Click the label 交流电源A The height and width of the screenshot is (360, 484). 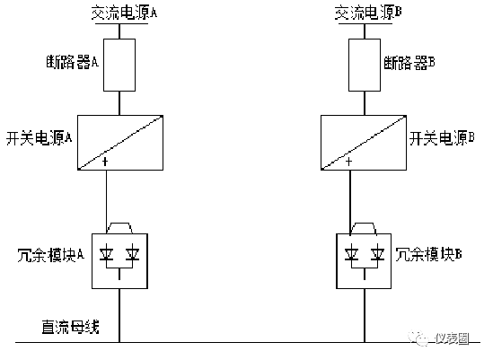124,13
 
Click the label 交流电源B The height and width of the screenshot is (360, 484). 368,13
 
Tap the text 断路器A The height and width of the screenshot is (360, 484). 72,62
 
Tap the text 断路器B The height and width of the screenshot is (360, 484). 409,63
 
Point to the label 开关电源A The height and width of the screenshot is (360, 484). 39,137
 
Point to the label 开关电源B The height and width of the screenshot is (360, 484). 442,137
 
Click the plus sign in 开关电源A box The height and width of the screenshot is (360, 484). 105,162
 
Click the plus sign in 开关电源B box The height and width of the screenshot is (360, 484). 348,162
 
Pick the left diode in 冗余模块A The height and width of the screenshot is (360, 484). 106,254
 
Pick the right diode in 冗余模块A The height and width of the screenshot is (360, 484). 132,254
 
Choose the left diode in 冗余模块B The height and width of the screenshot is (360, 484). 351,254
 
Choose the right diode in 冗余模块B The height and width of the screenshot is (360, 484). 377,254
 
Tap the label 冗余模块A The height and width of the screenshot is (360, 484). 51,255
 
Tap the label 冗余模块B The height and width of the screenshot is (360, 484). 428,254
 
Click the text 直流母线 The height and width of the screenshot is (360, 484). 71,327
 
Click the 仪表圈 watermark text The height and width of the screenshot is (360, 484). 453,338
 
